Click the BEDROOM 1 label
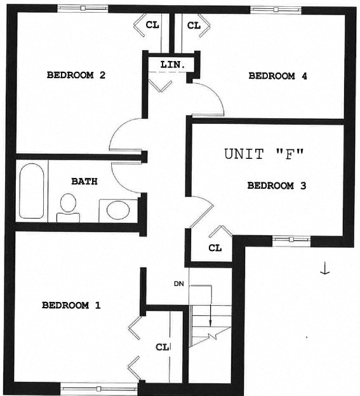pyautogui.click(x=71, y=305)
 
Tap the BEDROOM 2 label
pyautogui.click(x=76, y=75)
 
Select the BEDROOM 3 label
pyautogui.click(x=277, y=186)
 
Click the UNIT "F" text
pyautogui.click(x=265, y=154)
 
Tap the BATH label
pyautogui.click(x=84, y=181)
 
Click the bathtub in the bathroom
pyautogui.click(x=31, y=191)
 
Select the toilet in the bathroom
pyautogui.click(x=67, y=207)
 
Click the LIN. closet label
pyautogui.click(x=173, y=65)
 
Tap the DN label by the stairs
pyautogui.click(x=178, y=283)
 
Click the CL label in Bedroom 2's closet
pyautogui.click(x=152, y=25)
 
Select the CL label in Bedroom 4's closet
pyautogui.click(x=194, y=25)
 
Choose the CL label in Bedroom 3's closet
pyautogui.click(x=215, y=248)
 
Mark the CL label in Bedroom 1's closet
pyautogui.click(x=163, y=347)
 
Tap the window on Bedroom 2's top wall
pyautogui.click(x=83, y=8)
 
